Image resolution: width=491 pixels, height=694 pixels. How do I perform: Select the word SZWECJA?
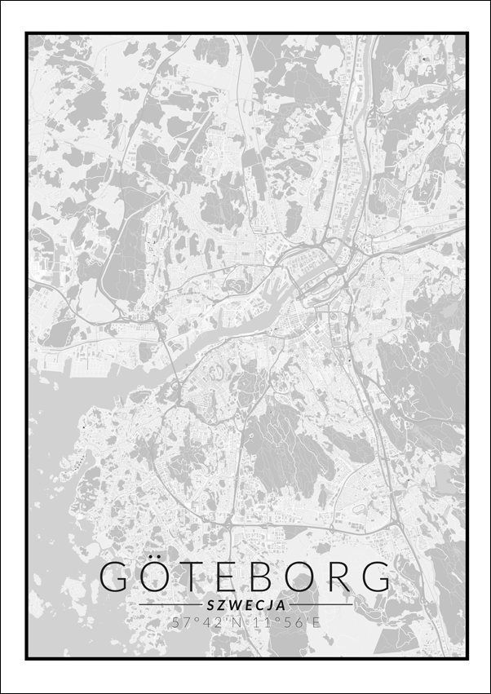tap(246, 606)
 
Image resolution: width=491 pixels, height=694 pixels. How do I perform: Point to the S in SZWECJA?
tap(211, 606)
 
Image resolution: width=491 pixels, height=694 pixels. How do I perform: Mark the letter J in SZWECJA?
tap(269, 606)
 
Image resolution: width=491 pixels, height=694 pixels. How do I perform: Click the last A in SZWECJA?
tap(281, 606)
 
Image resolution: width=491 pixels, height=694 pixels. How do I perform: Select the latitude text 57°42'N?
tap(207, 623)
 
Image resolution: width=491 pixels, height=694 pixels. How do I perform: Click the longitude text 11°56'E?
tap(286, 623)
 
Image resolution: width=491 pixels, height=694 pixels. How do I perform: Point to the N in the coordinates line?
tap(237, 623)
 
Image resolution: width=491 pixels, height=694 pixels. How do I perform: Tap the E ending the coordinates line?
tap(317, 623)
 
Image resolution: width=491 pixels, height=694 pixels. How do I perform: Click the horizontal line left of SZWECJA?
tap(170, 605)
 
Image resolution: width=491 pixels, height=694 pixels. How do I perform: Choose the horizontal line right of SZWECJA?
tap(321, 605)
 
